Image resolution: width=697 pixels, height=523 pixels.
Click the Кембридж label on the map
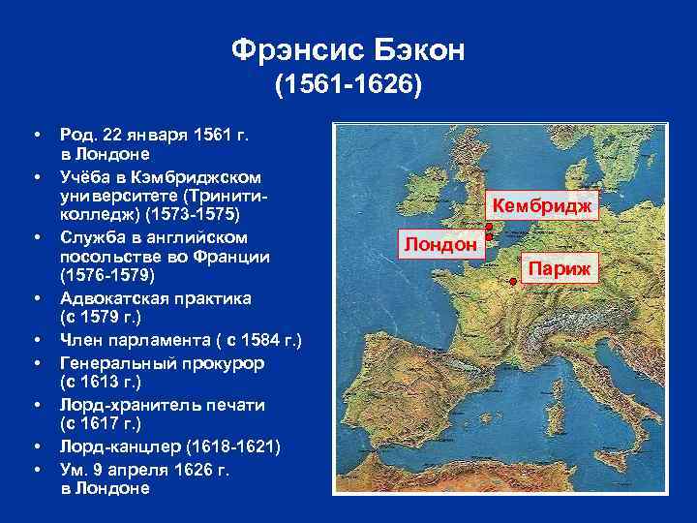pos(544,205)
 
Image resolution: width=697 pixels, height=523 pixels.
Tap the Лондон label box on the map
pos(439,244)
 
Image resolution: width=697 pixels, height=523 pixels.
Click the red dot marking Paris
pos(512,282)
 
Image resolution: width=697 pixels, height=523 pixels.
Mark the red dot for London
pos(488,237)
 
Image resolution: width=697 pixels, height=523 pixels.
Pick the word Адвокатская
pos(119,296)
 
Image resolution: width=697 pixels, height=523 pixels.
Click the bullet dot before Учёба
pos(35,176)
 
